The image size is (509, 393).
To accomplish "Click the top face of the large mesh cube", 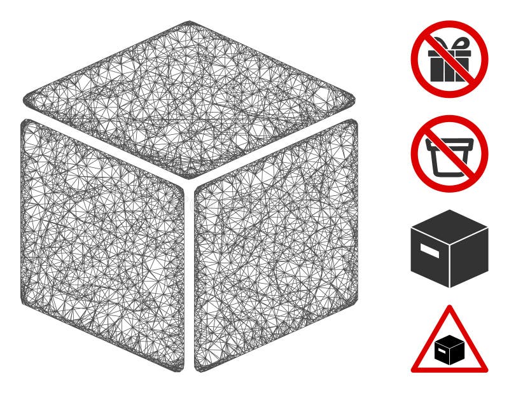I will pos(189,99).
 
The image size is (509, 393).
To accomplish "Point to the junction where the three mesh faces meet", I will pos(189,183).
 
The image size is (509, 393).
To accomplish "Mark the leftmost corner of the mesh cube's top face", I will pos(25,100).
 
